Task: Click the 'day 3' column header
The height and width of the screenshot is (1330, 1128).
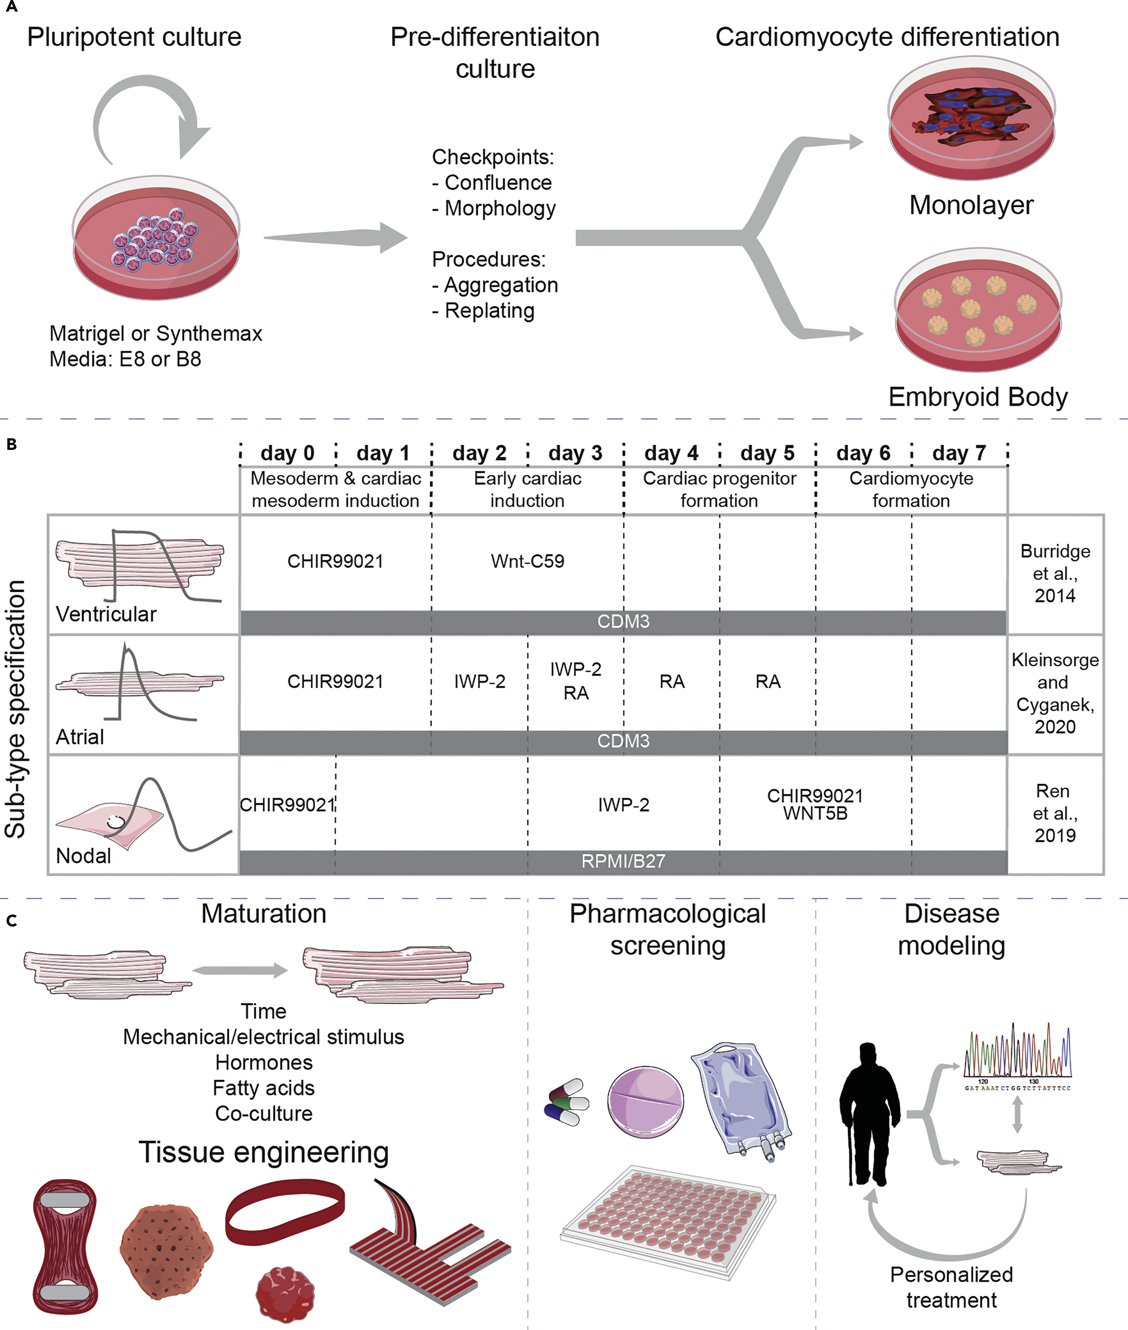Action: pyautogui.click(x=575, y=453)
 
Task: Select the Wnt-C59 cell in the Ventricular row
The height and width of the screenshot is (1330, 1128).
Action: pyautogui.click(x=527, y=561)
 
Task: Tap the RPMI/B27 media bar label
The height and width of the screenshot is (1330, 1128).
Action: pyautogui.click(x=624, y=861)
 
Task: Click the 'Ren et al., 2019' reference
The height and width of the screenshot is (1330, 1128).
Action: pyautogui.click(x=1055, y=813)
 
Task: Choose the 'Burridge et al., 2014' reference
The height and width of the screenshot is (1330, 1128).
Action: pyautogui.click(x=1055, y=573)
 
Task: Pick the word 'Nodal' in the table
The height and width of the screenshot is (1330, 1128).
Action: pyautogui.click(x=83, y=856)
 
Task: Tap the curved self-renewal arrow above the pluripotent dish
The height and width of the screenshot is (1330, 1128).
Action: pyautogui.click(x=150, y=115)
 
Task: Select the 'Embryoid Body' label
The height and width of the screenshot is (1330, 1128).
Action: pyautogui.click(x=978, y=397)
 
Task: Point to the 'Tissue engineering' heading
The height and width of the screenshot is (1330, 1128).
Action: pyautogui.click(x=264, y=1152)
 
